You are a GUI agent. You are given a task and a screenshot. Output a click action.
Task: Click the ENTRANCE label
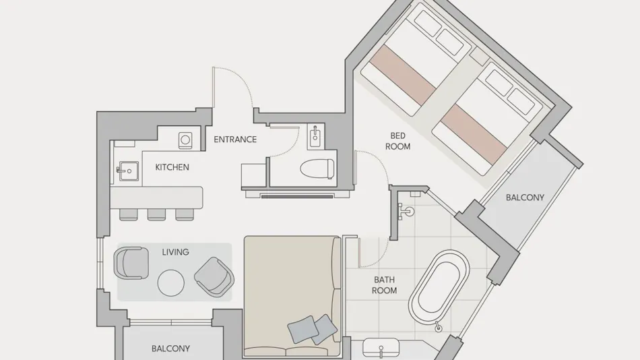pos(235,140)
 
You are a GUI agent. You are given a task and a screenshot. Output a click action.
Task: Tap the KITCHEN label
pos(172,167)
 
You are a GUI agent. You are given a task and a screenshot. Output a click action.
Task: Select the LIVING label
pos(176,252)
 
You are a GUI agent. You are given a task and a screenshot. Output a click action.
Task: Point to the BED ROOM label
pos(398,141)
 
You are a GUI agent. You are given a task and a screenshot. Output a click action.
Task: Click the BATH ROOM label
pos(385,285)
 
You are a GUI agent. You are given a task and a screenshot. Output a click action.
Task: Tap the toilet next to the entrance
pos(317,169)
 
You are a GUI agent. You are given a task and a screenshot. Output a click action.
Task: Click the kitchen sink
pos(128,171)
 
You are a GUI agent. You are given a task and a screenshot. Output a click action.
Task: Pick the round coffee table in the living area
pos(171,282)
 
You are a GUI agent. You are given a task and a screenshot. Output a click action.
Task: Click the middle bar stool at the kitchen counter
pos(156,214)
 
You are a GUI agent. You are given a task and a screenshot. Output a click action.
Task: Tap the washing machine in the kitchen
pos(185,140)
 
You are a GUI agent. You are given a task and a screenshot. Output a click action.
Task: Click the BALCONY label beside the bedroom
pos(525,198)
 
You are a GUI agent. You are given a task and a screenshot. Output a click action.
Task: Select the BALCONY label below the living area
pos(170,349)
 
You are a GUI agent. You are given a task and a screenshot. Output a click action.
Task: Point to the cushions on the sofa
pos(313,329)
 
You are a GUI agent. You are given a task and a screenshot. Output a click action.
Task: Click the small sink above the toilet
pos(315,137)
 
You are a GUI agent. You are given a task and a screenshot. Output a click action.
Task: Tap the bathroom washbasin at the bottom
pos(381,348)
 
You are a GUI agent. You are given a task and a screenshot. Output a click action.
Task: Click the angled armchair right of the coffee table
pos(214,276)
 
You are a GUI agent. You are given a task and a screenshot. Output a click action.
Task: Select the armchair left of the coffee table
pos(131,263)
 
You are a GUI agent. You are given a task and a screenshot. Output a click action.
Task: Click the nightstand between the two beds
pos(479,56)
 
